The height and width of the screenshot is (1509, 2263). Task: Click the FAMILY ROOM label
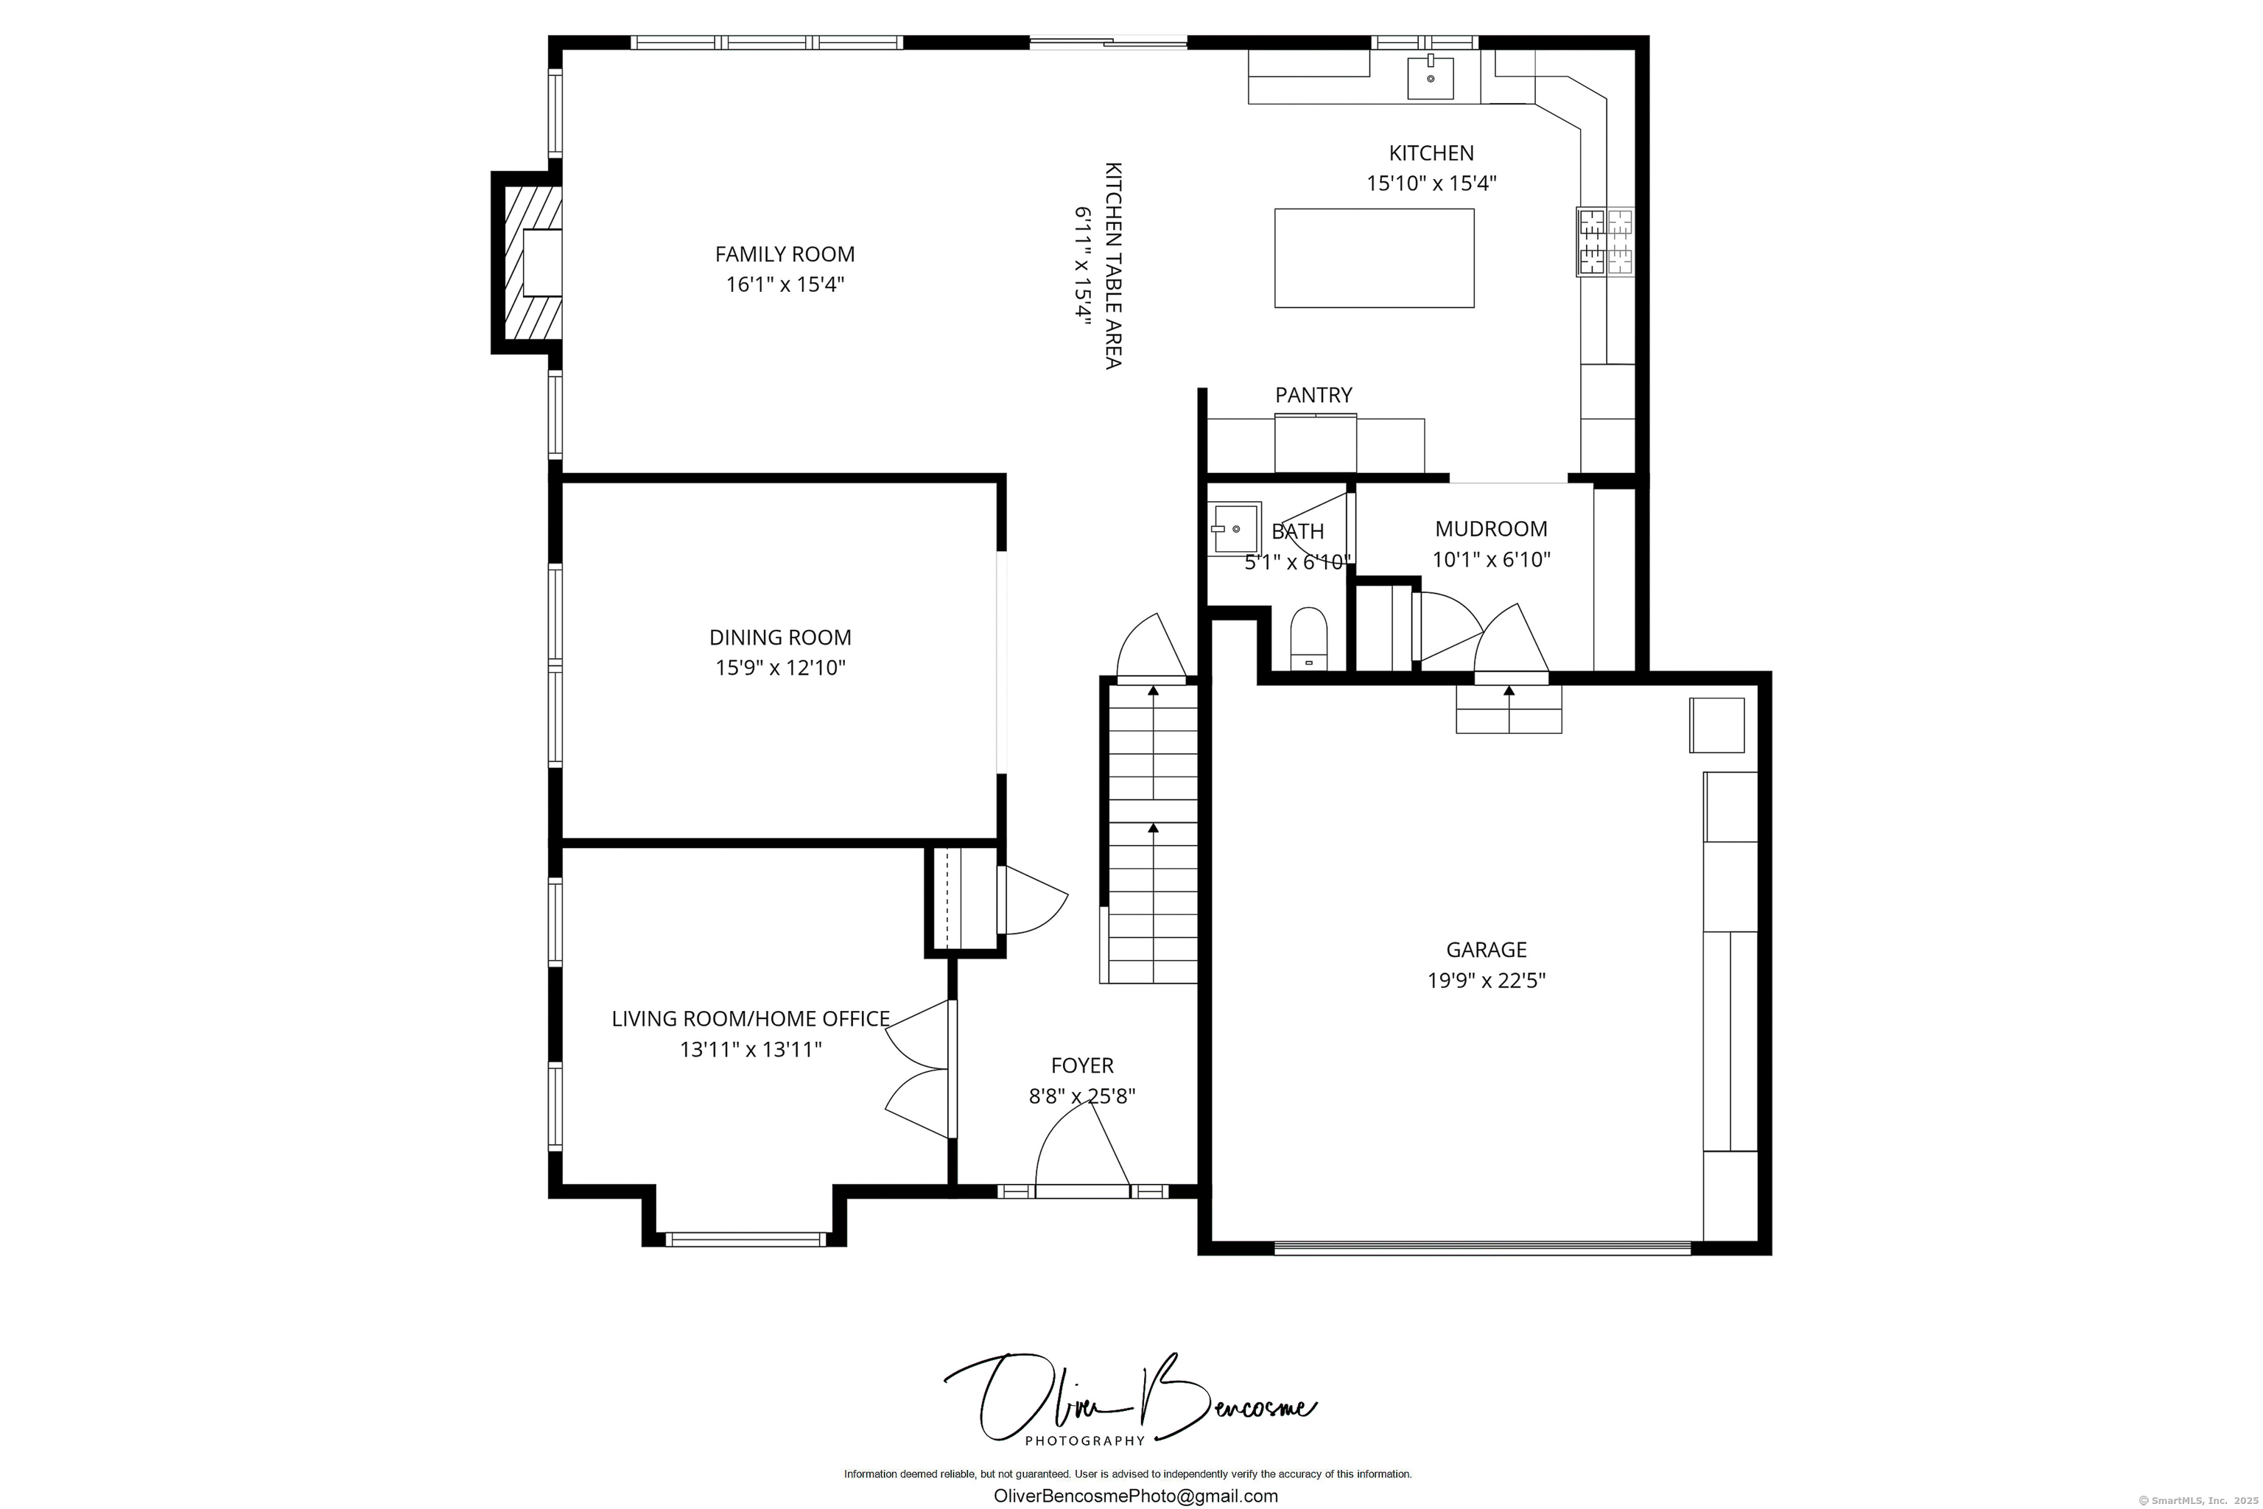pyautogui.click(x=784, y=254)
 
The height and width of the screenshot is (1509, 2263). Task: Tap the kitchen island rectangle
pyautogui.click(x=1373, y=258)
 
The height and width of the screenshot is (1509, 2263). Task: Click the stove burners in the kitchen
pyautogui.click(x=1605, y=242)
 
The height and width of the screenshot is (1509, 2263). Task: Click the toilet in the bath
pyautogui.click(x=1308, y=638)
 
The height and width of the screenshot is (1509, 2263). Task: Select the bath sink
pyautogui.click(x=1235, y=528)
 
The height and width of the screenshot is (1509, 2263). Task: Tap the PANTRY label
pyautogui.click(x=1313, y=395)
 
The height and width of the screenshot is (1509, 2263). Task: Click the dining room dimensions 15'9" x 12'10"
pyautogui.click(x=779, y=668)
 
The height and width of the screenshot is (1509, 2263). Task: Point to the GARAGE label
pyautogui.click(x=1486, y=950)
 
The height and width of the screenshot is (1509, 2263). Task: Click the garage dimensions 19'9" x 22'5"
pyautogui.click(x=1486, y=981)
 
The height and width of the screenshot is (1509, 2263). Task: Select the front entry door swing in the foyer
pyautogui.click(x=1082, y=1147)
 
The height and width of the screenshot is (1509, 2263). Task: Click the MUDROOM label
pyautogui.click(x=1490, y=528)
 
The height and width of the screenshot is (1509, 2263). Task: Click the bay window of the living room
pyautogui.click(x=745, y=1239)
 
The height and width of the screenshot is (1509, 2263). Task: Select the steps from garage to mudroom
pyautogui.click(x=1508, y=710)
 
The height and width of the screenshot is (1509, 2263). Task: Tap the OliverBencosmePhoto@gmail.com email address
pyautogui.click(x=1135, y=1496)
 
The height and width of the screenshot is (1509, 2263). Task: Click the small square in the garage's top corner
pyautogui.click(x=1716, y=725)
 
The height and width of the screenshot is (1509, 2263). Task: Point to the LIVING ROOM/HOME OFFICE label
pyautogui.click(x=751, y=1018)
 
